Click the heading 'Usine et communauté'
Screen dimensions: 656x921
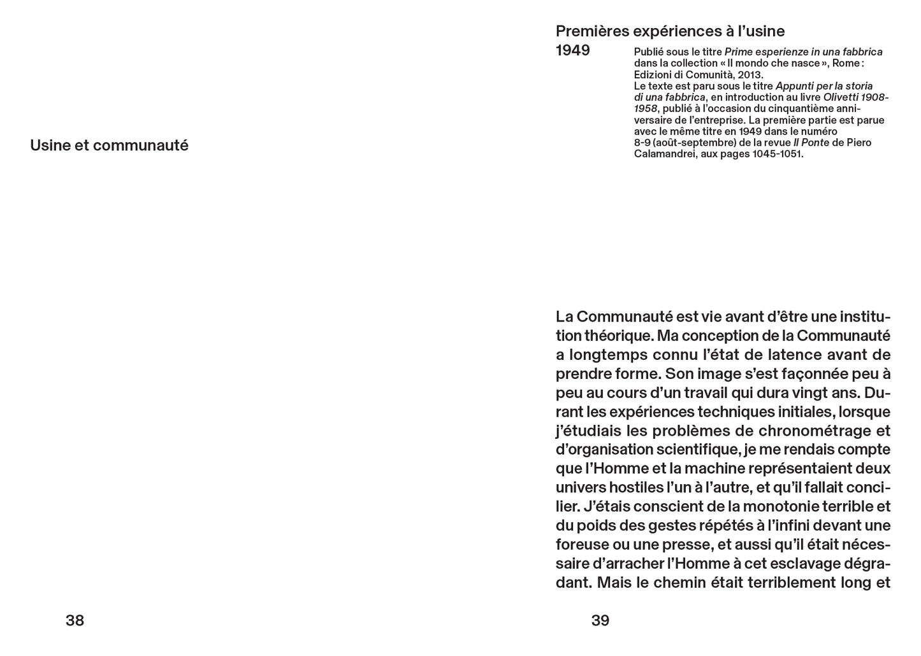[109, 145]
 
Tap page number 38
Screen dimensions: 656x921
[75, 620]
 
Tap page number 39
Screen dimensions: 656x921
[600, 620]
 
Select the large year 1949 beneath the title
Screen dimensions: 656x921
[573, 50]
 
